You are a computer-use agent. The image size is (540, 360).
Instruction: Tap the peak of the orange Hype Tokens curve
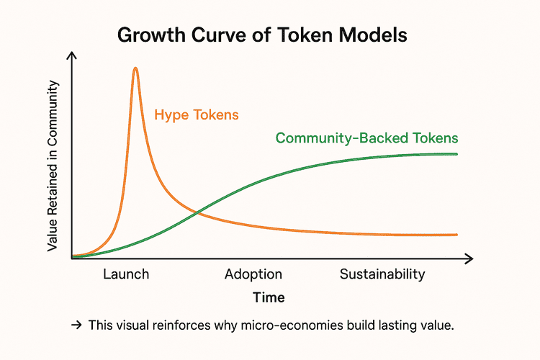[135, 68]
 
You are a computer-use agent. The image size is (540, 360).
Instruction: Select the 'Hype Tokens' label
[197, 115]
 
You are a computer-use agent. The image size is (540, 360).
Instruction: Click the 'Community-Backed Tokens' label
[367, 138]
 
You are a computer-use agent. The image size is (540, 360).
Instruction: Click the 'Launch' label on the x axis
[126, 274]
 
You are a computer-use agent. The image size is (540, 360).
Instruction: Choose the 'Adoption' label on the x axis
[253, 274]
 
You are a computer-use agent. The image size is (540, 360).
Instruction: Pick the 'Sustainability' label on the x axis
[382, 274]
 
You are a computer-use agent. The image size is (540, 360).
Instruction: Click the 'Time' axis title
[269, 297]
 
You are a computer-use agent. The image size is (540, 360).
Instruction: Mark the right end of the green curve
[457, 154]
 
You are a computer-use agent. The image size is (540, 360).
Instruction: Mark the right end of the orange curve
[457, 235]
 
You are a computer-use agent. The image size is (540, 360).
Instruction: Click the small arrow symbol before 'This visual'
[76, 325]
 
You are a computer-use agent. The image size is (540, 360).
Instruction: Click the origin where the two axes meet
[72, 257]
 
